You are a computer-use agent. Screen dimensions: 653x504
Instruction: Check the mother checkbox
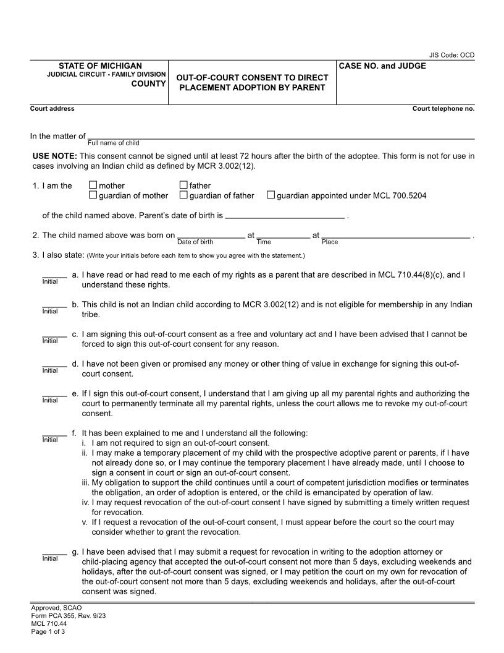pyautogui.click(x=93, y=185)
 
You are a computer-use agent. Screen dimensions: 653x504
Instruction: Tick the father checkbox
pyautogui.click(x=183, y=185)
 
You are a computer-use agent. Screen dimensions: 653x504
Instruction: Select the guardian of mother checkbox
pyautogui.click(x=93, y=195)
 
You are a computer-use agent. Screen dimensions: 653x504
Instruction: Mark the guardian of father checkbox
pyautogui.click(x=183, y=195)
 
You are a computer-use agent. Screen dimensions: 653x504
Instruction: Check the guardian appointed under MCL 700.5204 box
pyautogui.click(x=271, y=195)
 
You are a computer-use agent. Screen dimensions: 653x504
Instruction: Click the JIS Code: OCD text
pyautogui.click(x=451, y=55)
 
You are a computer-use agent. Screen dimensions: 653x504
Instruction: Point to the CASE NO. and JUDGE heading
pyautogui.click(x=382, y=66)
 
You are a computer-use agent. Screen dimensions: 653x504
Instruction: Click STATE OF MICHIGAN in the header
pyautogui.click(x=100, y=66)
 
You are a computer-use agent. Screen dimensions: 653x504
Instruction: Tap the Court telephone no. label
pyautogui.click(x=443, y=109)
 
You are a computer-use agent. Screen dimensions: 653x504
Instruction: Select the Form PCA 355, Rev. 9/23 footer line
pyautogui.click(x=64, y=617)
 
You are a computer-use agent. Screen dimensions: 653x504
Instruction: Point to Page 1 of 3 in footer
pyautogui.click(x=48, y=631)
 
